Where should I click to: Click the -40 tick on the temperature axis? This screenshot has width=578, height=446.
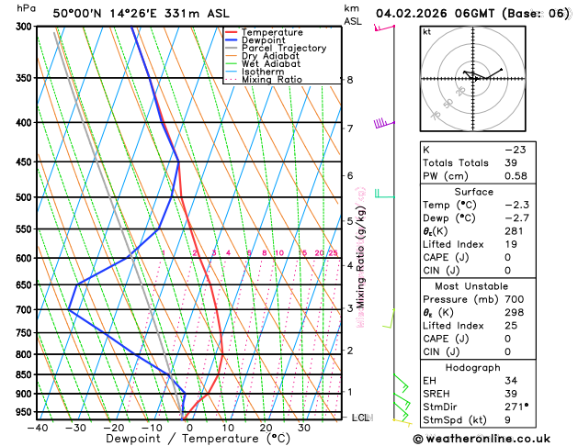[37, 428]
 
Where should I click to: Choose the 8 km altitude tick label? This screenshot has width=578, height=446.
[350, 80]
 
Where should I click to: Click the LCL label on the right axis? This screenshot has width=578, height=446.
[360, 418]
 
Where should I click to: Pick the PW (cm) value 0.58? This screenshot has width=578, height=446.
[515, 176]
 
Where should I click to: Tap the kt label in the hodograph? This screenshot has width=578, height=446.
[426, 31]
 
